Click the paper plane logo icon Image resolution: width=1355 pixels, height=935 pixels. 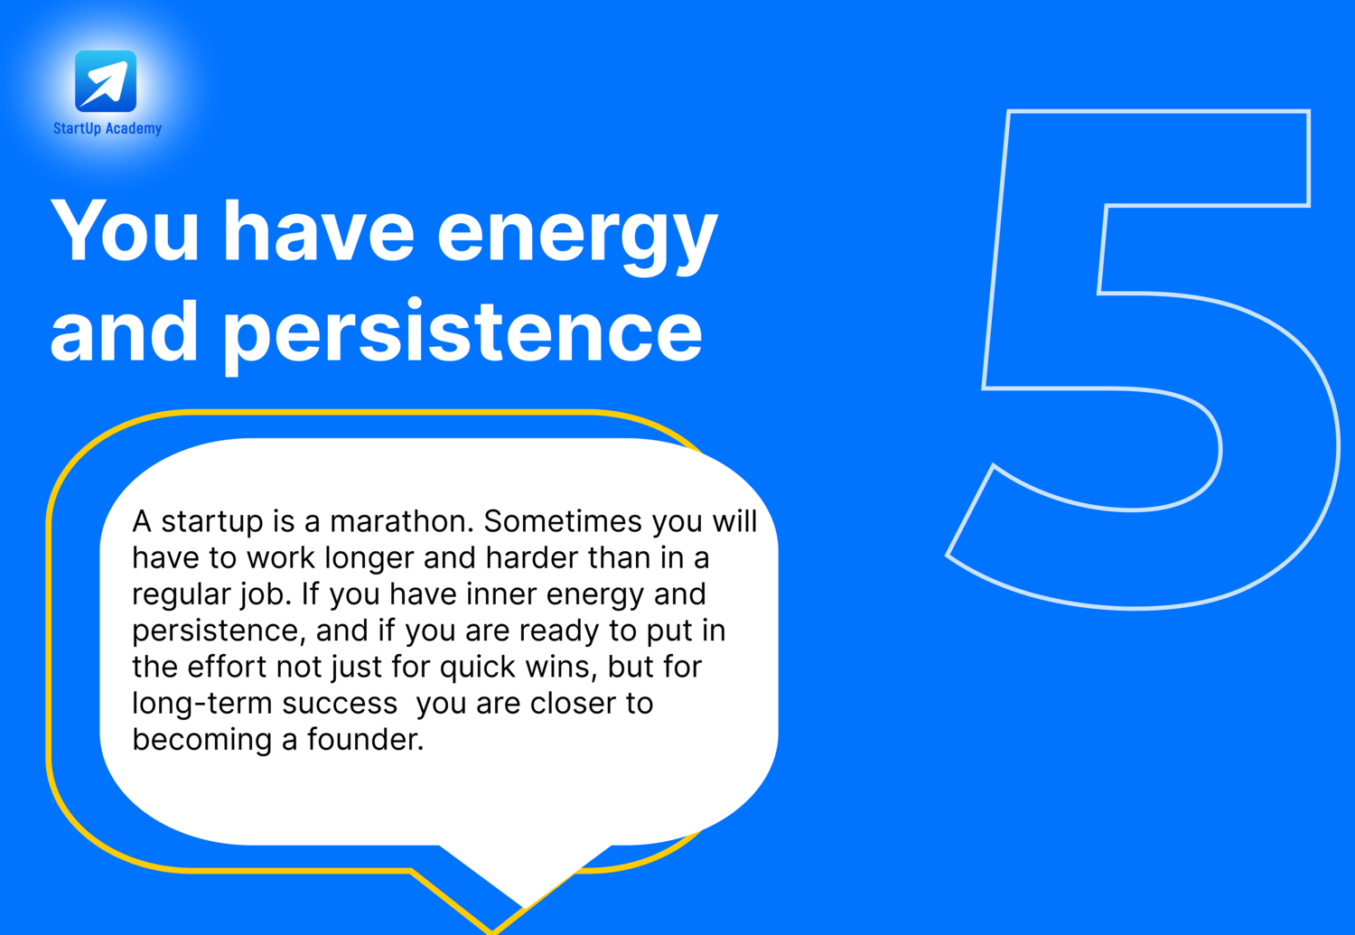(x=106, y=81)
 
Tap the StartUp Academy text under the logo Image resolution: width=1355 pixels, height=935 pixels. (x=107, y=128)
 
